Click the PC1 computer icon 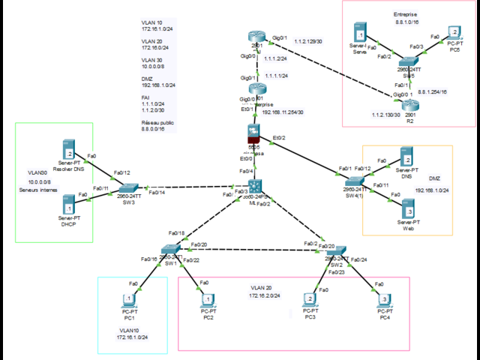click(x=130, y=301)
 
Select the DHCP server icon click(x=69, y=203)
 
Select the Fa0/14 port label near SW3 click(x=157, y=193)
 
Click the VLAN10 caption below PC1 click(x=129, y=329)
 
